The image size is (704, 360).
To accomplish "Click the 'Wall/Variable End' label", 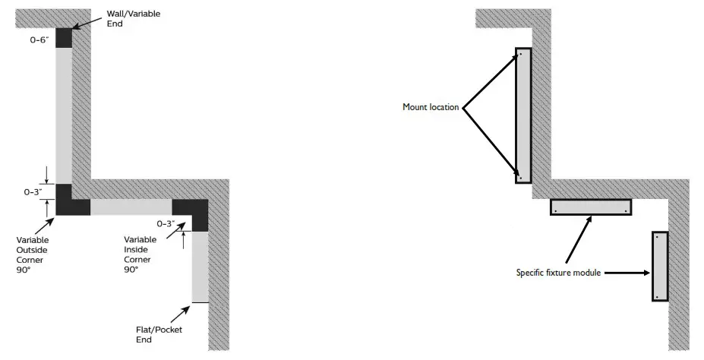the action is [133, 19].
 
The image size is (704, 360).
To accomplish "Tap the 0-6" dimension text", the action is [39, 39].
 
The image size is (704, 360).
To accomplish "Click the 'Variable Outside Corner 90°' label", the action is [34, 254].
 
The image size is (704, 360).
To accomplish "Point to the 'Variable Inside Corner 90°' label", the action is [140, 254].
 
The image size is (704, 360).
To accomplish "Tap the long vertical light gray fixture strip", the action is [63, 114].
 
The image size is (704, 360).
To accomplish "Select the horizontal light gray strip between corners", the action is [131, 207].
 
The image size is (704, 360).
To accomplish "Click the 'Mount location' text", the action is [431, 107].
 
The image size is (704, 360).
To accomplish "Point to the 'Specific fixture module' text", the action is [558, 273].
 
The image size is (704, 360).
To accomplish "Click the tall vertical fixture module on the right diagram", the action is [522, 115].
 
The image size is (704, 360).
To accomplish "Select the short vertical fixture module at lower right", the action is [659, 266].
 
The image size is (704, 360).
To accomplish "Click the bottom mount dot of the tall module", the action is [520, 178].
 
